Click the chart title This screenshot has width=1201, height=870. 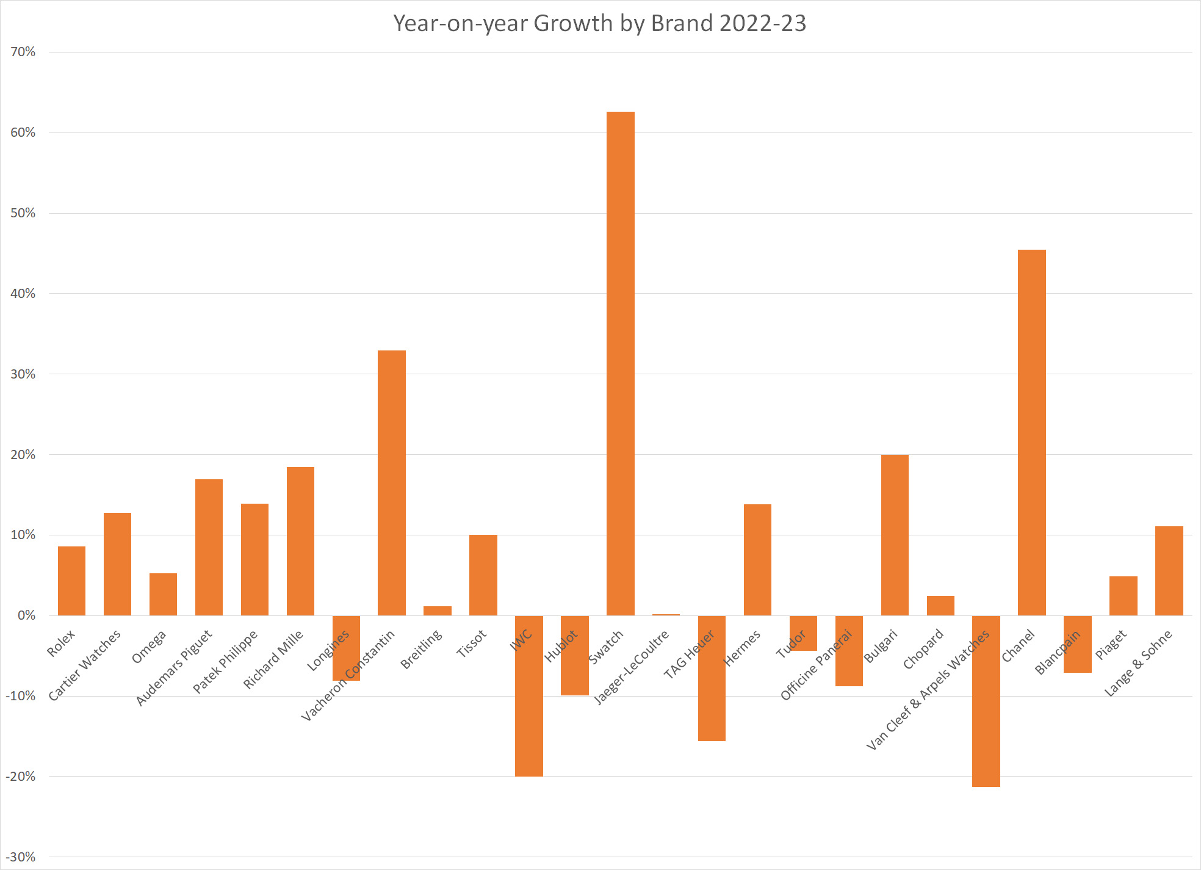(x=600, y=23)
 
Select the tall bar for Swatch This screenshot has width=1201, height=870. (x=621, y=363)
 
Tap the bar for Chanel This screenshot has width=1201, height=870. (x=1032, y=432)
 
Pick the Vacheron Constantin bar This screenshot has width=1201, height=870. (x=392, y=483)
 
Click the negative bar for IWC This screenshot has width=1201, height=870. (x=529, y=696)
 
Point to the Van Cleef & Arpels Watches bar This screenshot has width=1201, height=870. (x=986, y=701)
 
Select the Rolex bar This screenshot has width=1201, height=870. (x=71, y=581)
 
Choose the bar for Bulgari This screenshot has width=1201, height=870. (x=895, y=535)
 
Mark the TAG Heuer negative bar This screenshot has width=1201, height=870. (x=712, y=678)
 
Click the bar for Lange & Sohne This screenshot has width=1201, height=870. (x=1169, y=571)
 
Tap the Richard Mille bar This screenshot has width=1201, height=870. (x=300, y=541)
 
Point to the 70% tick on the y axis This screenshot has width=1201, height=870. (x=23, y=52)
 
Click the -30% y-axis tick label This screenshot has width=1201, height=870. (x=21, y=857)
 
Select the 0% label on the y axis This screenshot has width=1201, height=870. (x=27, y=615)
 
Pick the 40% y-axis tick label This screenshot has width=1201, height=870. (x=23, y=294)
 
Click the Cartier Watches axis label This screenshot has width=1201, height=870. (x=85, y=665)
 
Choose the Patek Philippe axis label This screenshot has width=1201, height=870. (x=225, y=661)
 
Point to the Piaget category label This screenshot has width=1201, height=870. (x=1111, y=645)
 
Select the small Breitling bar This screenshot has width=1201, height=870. (x=438, y=611)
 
